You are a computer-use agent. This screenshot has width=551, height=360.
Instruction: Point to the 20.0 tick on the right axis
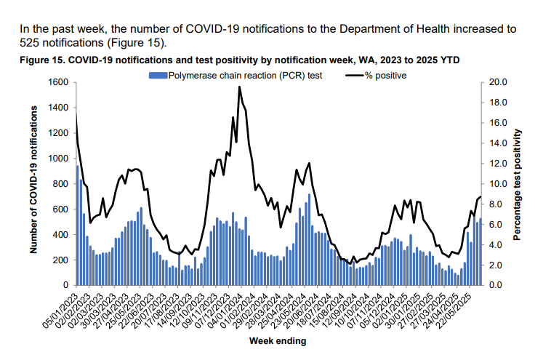tap(495, 82)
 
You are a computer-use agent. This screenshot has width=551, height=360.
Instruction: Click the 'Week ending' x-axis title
tap(278, 340)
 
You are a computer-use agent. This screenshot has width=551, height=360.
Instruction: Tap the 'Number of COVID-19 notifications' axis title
tap(34, 179)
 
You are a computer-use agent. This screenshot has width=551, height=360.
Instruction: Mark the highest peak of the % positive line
tap(239, 87)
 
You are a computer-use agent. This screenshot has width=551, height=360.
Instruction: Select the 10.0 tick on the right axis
tap(495, 183)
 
